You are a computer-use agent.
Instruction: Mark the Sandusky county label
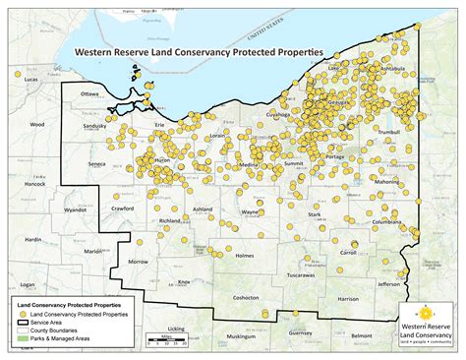95,127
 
